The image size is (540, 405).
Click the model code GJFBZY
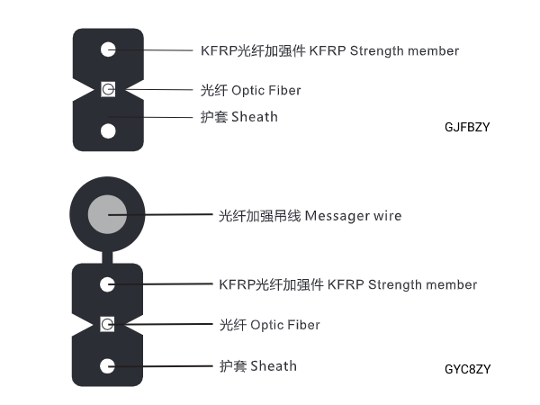(x=467, y=128)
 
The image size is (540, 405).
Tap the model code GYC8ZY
(x=467, y=369)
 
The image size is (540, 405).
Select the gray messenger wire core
(x=108, y=215)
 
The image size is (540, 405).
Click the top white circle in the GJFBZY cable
(x=108, y=50)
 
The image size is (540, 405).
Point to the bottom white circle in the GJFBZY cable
(x=108, y=130)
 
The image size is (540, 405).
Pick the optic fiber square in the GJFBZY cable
(x=108, y=90)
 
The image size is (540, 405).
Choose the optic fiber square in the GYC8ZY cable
(x=108, y=324)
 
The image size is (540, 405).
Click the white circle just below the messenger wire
(x=108, y=284)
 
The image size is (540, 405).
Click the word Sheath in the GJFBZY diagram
(x=255, y=117)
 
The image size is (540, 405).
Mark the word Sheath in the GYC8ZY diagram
(x=274, y=366)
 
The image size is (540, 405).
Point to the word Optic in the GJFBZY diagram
(x=248, y=91)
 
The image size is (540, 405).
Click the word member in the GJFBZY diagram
(x=431, y=51)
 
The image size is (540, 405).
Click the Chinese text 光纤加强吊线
(x=260, y=216)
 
